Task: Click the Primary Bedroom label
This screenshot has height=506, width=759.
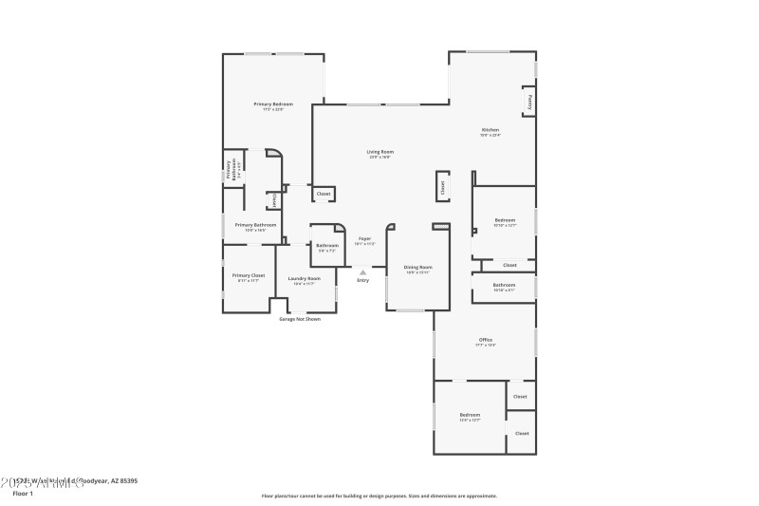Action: coord(272,103)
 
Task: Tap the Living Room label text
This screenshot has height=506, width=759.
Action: coord(380,152)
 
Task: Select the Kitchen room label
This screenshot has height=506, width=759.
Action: coord(490,130)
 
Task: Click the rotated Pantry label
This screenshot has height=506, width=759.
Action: coord(529,101)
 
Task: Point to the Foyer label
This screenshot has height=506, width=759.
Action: coord(364,239)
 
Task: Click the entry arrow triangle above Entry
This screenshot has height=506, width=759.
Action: coord(362,272)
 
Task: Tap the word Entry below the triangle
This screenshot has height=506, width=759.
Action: coord(362,280)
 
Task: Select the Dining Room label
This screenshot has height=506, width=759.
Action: coord(417,268)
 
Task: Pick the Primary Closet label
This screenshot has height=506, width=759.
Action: coord(249,275)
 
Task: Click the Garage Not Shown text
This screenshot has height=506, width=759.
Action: coord(299,319)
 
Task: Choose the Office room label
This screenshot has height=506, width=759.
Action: coord(485,340)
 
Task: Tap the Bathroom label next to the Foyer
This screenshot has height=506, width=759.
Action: coord(327,245)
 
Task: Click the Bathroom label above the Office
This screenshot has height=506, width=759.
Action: coord(504,285)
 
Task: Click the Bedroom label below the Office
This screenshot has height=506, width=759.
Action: coord(470,415)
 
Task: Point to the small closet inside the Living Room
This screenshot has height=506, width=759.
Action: coord(324,194)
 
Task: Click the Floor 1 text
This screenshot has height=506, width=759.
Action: coord(23,494)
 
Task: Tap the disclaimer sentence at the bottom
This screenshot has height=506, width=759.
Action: coord(379,496)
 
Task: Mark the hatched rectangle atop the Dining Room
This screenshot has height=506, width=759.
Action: coord(440,226)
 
